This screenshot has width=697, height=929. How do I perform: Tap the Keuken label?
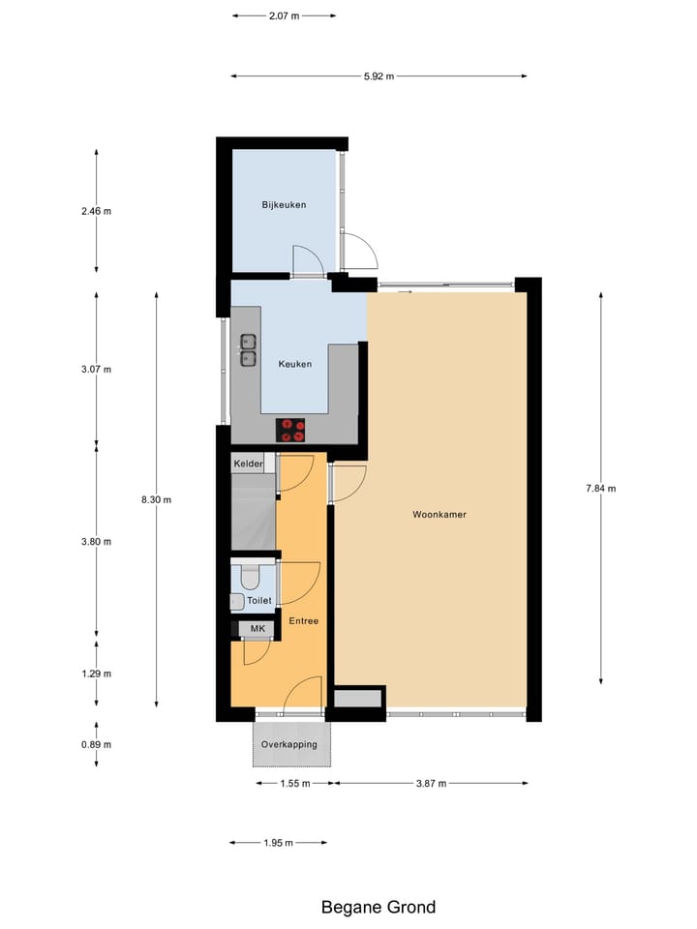pyautogui.click(x=294, y=365)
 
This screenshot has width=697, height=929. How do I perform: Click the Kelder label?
pyautogui.click(x=248, y=464)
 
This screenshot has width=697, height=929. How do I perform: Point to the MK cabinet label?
pyautogui.click(x=257, y=629)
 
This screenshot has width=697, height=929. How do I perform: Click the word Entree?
pyautogui.click(x=303, y=620)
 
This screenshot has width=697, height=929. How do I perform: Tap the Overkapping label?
pyautogui.click(x=289, y=745)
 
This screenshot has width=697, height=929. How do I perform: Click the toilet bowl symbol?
pyautogui.click(x=250, y=578)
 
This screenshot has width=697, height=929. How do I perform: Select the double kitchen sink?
pyautogui.click(x=248, y=350)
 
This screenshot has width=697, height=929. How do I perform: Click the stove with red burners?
pyautogui.click(x=290, y=430)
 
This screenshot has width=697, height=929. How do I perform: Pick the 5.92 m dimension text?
pyautogui.click(x=379, y=76)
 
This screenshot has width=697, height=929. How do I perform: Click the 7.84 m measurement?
pyautogui.click(x=600, y=489)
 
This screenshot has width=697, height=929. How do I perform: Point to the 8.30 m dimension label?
pyautogui.click(x=156, y=499)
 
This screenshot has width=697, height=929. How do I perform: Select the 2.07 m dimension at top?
pyautogui.click(x=284, y=15)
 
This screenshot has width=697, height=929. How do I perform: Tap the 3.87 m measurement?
pyautogui.click(x=431, y=784)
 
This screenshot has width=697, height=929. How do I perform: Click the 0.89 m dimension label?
pyautogui.click(x=96, y=744)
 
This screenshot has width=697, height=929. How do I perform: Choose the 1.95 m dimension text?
pyautogui.click(x=278, y=843)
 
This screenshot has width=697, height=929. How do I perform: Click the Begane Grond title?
pyautogui.click(x=379, y=907)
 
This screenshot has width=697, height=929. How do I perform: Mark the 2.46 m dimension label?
pyautogui.click(x=96, y=211)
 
